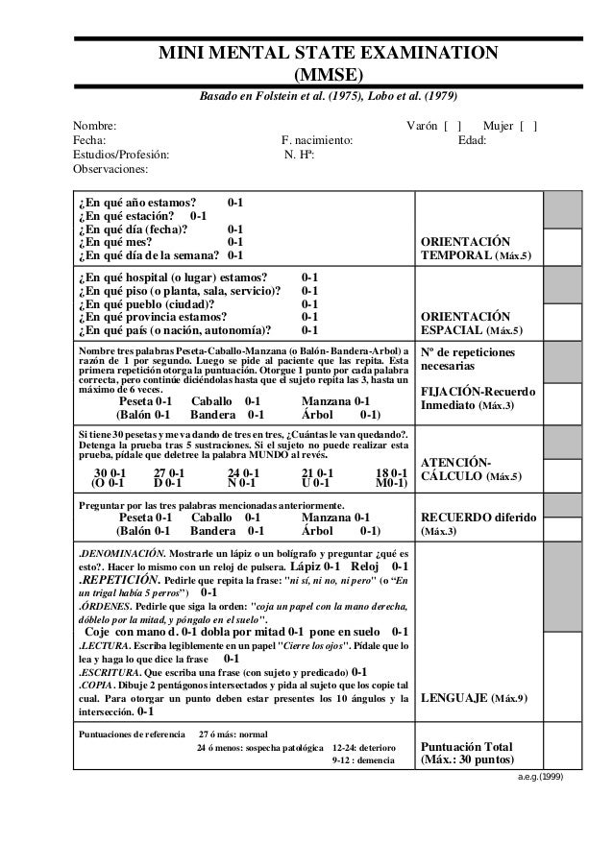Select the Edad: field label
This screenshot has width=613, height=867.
pos(472,140)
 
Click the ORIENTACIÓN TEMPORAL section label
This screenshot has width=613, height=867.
pos(478,249)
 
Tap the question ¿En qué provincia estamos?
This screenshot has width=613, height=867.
pos(153,316)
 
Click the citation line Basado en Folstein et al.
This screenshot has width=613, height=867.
pos(328,98)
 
